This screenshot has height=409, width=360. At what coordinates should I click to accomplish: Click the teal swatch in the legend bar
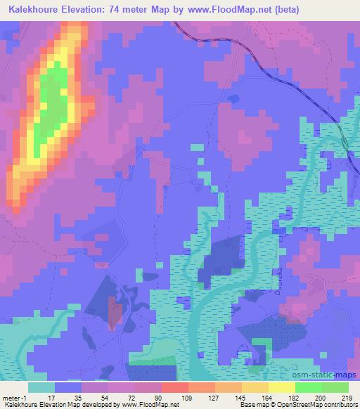[41, 387]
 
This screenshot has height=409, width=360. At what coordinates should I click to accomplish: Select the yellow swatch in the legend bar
[281, 387]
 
